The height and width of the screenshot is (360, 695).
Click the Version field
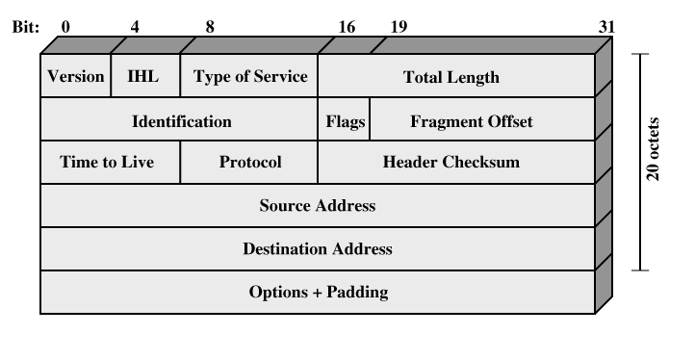75,75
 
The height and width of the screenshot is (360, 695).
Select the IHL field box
145,75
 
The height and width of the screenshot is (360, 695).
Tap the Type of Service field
249,75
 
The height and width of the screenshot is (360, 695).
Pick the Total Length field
456,75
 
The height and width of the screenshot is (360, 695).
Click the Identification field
179,118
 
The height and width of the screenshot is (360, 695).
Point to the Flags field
344,118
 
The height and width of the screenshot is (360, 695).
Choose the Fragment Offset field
482,118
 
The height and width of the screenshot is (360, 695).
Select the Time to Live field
111,162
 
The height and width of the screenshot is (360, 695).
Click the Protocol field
249,162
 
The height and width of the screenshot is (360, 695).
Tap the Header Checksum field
456,162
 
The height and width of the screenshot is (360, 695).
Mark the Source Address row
318,205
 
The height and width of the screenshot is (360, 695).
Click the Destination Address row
318,248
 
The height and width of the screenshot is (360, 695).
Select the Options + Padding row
318,293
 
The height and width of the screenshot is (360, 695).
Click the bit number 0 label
65,27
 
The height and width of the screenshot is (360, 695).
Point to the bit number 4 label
135,27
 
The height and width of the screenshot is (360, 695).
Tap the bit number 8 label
210,27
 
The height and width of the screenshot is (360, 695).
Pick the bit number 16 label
347,27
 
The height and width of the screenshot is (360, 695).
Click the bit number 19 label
399,27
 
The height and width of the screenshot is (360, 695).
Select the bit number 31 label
606,27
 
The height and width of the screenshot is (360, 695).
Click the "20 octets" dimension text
654,149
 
